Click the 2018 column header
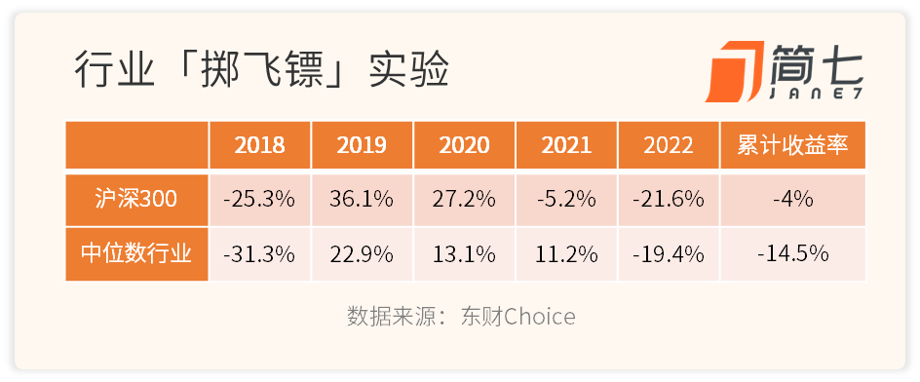[260, 145]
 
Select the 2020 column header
[464, 145]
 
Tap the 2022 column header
[669, 145]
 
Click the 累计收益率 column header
[792, 145]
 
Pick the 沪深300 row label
[136, 200]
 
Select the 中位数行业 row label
[136, 254]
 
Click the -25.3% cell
[260, 200]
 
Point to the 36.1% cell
[362, 200]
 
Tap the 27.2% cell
[464, 200]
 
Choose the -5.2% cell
[566, 200]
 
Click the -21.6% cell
[669, 200]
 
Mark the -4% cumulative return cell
[792, 200]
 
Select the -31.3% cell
[260, 254]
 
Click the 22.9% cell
[362, 254]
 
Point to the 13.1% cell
[464, 254]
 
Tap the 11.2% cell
[566, 254]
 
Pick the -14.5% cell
[792, 254]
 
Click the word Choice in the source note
[540, 317]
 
